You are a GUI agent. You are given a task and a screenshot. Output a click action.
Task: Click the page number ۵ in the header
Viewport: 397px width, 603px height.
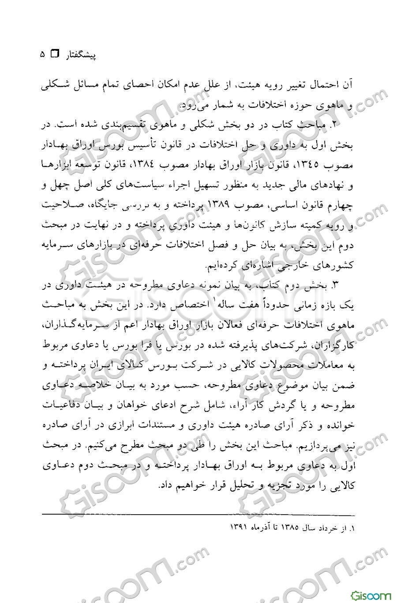42,55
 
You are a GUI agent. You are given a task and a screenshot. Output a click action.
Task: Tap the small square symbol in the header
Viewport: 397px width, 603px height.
55,55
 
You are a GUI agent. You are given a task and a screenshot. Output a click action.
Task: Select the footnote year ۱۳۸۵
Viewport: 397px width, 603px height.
288,528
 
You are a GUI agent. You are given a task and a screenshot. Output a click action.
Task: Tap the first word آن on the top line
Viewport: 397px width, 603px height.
350,85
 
